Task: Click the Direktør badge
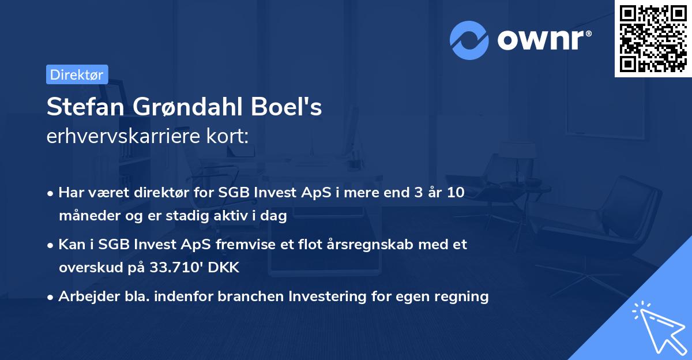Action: [77, 74]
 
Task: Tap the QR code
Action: [652, 39]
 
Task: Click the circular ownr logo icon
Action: [469, 40]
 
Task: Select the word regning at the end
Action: [463, 297]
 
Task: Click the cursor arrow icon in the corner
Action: [657, 326]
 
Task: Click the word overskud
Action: [87, 268]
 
